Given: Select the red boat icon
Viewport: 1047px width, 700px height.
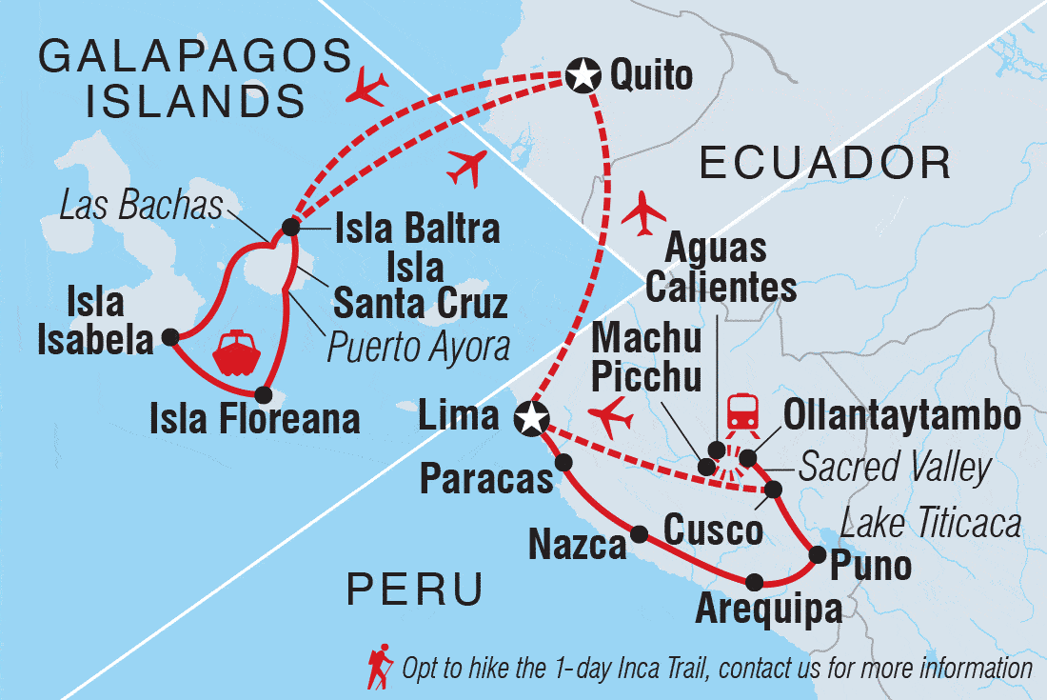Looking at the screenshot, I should [x=235, y=352].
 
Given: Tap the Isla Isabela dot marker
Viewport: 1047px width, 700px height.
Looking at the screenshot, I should [x=170, y=336].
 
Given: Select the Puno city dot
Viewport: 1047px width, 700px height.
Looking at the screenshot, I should [x=816, y=553].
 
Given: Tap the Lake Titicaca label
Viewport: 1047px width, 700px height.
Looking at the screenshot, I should [x=932, y=523].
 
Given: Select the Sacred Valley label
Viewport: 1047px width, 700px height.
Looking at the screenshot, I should [x=894, y=468].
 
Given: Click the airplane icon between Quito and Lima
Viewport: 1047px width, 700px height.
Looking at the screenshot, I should [x=643, y=211].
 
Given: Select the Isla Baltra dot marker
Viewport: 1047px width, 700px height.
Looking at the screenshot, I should [x=289, y=229].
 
